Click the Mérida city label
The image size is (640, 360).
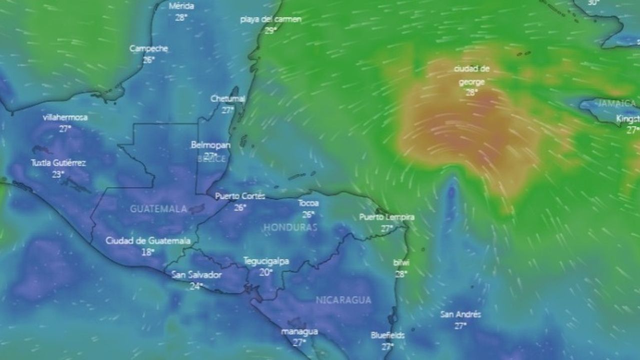tap(181, 6)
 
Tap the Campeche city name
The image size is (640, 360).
tap(148, 48)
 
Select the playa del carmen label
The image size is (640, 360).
tap(270, 19)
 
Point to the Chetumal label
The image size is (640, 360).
tap(227, 98)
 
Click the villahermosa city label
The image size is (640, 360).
tap(65, 117)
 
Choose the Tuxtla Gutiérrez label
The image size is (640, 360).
tap(58, 163)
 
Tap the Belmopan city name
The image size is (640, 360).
tap(210, 145)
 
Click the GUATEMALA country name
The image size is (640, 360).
tap(158, 209)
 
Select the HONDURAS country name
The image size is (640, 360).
tap(290, 227)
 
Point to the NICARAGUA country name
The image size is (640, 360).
tap(343, 300)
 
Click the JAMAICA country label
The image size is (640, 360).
tap(617, 104)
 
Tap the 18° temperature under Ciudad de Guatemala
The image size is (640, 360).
tap(147, 252)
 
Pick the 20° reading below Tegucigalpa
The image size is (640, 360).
tap(265, 272)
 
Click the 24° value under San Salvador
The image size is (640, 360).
tap(195, 286)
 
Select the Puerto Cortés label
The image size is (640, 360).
tap(240, 196)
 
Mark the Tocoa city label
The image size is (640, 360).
tap(308, 203)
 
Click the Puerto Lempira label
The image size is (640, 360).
tap(386, 217)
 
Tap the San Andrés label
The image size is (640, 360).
tap(460, 314)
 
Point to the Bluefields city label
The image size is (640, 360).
tap(387, 335)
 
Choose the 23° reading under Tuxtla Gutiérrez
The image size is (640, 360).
tap(58, 174)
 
